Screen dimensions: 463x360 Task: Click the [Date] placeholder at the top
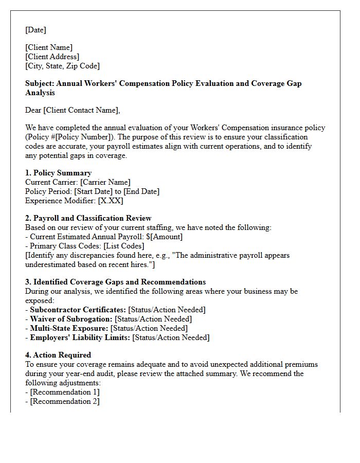click(x=35, y=30)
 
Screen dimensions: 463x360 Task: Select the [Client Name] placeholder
click(x=49, y=47)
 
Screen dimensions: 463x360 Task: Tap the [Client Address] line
click(x=52, y=57)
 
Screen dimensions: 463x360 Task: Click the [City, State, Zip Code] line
click(x=62, y=66)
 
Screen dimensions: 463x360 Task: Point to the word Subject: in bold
click(x=40, y=83)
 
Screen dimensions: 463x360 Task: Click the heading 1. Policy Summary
click(x=58, y=173)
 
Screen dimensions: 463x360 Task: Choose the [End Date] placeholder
click(x=141, y=191)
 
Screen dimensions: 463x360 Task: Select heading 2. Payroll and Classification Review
click(x=88, y=218)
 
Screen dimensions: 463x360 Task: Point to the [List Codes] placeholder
click(x=123, y=246)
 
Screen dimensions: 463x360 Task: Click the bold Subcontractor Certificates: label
click(x=78, y=310)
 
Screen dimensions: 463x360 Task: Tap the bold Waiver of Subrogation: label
click(x=71, y=319)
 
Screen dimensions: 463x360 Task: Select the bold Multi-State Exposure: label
click(x=69, y=328)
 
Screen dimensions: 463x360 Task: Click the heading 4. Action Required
click(x=58, y=355)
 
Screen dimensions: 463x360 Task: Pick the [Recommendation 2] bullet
click(x=65, y=401)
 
